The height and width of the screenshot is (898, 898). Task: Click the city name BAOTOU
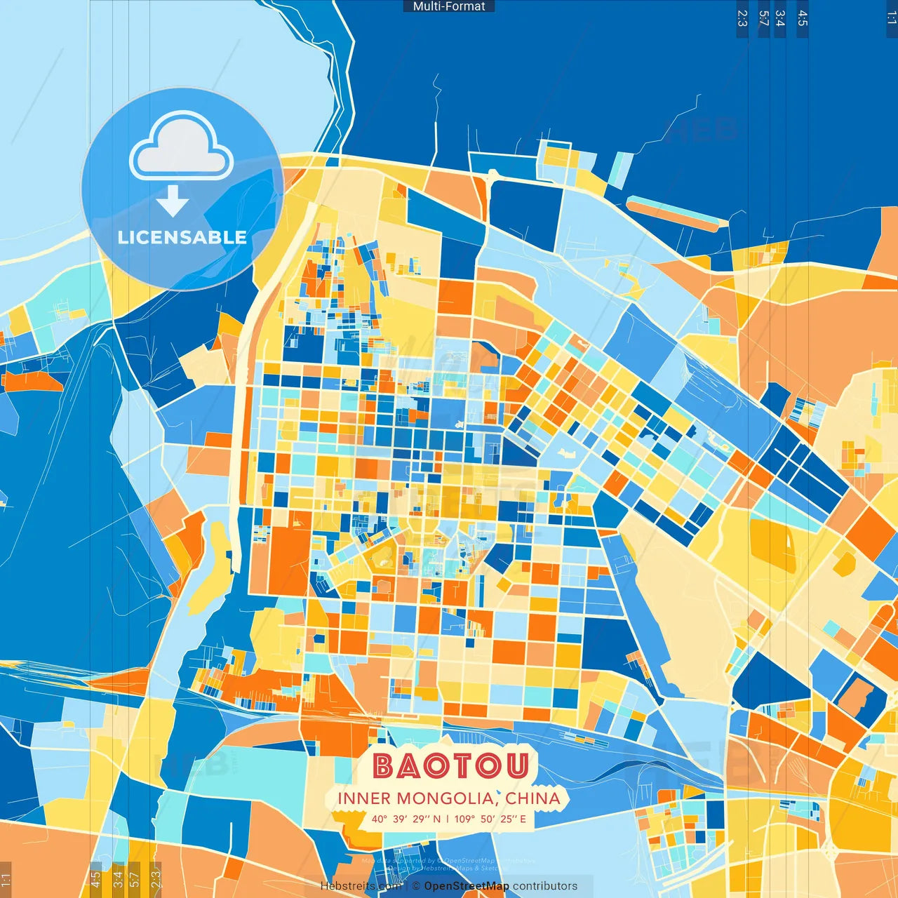pyautogui.click(x=450, y=765)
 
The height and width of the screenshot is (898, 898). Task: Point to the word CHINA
pyautogui.click(x=532, y=798)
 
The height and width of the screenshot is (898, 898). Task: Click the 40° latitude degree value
pyautogui.click(x=380, y=819)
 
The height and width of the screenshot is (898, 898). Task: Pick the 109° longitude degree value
pyautogui.click(x=464, y=819)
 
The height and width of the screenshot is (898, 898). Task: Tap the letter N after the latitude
pyautogui.click(x=436, y=819)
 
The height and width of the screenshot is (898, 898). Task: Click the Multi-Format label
pyautogui.click(x=449, y=6)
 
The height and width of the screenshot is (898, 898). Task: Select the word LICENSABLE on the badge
pyautogui.click(x=182, y=238)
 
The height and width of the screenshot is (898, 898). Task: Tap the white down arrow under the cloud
pyautogui.click(x=173, y=201)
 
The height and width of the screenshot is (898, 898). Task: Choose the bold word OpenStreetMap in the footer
pyautogui.click(x=466, y=886)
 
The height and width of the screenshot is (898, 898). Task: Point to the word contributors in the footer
pyautogui.click(x=545, y=886)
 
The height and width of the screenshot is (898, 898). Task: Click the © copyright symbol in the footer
pyautogui.click(x=416, y=886)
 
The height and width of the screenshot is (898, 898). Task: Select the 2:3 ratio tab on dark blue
pyautogui.click(x=742, y=18)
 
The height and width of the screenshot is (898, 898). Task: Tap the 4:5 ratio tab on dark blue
pyautogui.click(x=803, y=18)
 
